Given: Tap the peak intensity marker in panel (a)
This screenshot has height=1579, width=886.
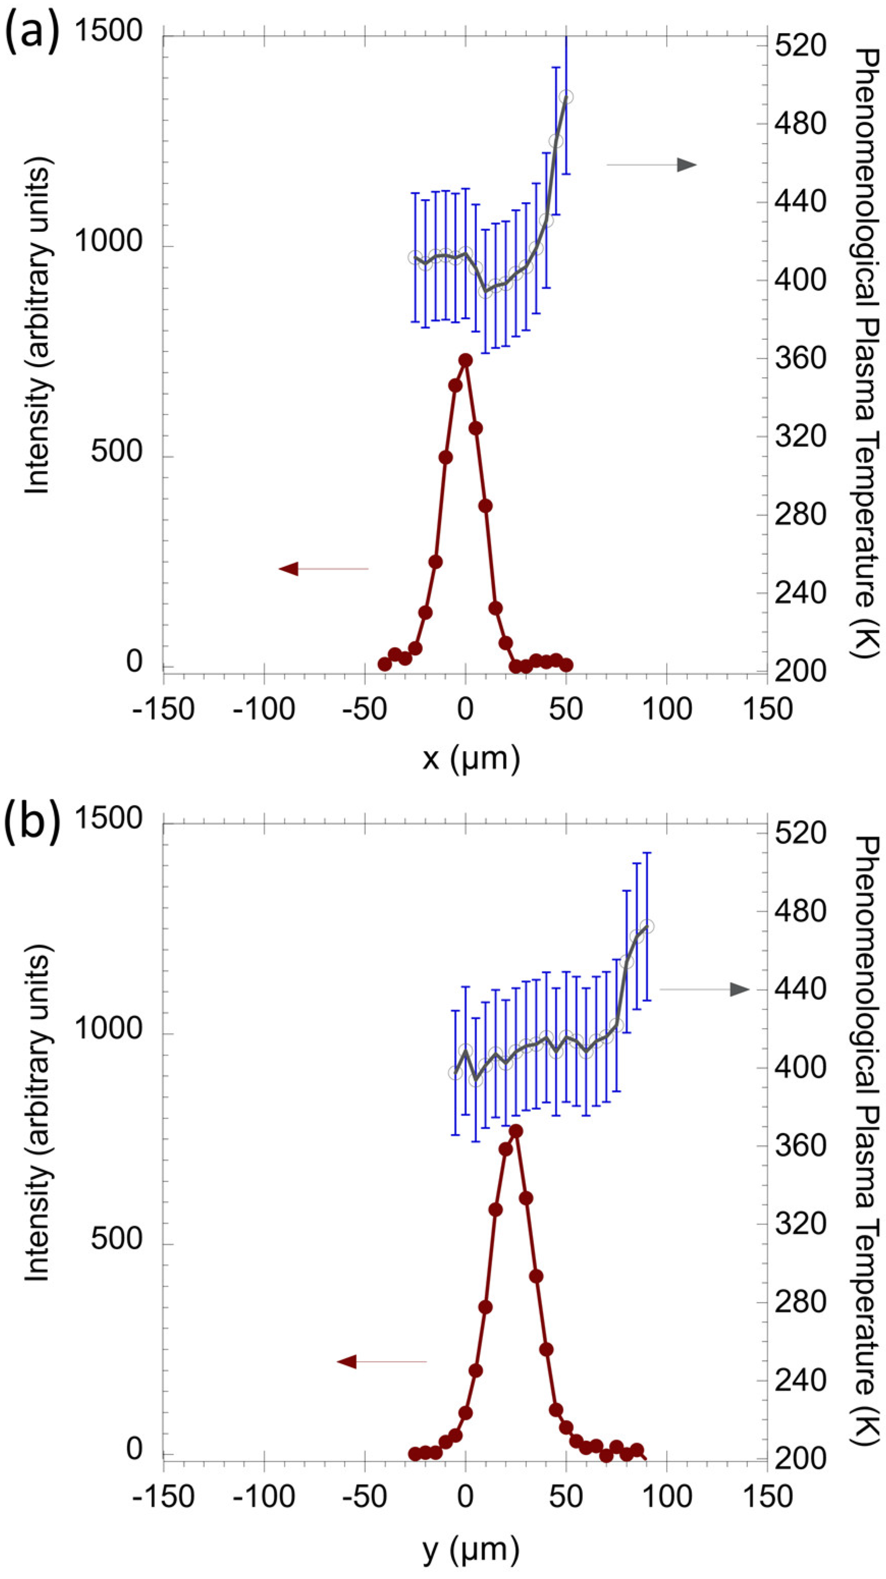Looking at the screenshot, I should coord(465,360).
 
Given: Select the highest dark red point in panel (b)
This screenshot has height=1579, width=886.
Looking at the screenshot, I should coord(516,1131).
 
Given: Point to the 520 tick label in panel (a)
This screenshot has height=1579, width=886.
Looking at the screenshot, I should coord(800,46).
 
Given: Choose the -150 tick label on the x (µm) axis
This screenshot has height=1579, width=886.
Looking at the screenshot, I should coord(163,709).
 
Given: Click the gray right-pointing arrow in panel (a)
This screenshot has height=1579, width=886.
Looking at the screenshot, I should coord(685,165).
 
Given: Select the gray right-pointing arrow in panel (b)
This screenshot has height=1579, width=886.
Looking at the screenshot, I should coord(738,989).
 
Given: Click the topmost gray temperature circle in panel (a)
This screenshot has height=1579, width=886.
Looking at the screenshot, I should coord(566,97).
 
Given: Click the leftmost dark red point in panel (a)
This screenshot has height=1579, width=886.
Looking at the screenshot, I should coord(385,664).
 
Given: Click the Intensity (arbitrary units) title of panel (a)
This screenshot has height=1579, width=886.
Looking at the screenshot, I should coord(38,325).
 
